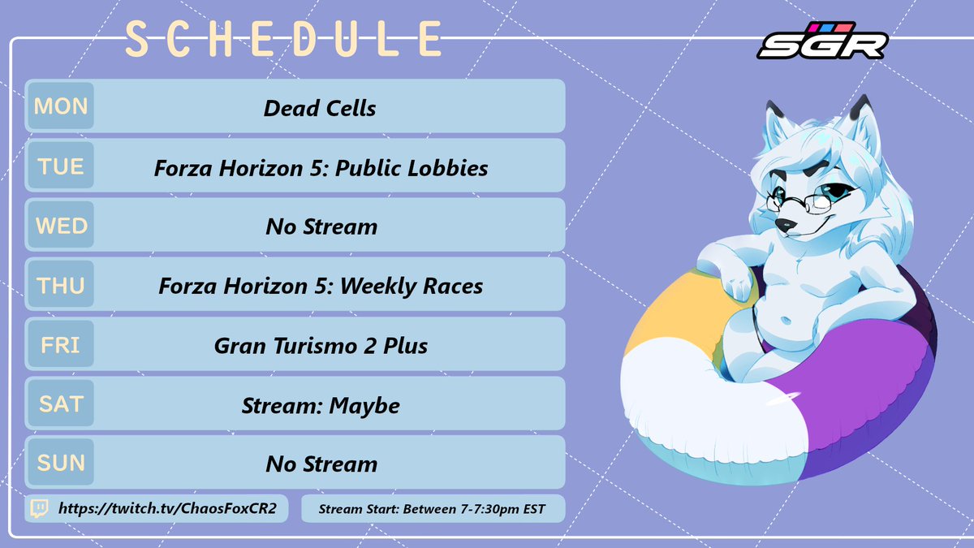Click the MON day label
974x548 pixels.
pyautogui.click(x=60, y=106)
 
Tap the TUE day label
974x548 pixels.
pyautogui.click(x=60, y=166)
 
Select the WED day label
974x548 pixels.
pyautogui.click(x=60, y=226)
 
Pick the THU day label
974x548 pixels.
pyautogui.click(x=60, y=285)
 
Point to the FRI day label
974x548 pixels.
pyautogui.click(x=60, y=344)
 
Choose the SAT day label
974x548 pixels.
pyautogui.click(x=60, y=403)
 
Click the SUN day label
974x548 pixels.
pyautogui.click(x=60, y=463)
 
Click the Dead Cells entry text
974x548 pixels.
pyautogui.click(x=320, y=108)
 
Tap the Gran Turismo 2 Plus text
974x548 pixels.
pyautogui.click(x=321, y=346)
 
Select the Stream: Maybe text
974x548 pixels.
pyautogui.click(x=321, y=405)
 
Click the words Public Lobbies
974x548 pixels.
pyautogui.click(x=421, y=168)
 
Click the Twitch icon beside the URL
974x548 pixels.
pyautogui.click(x=38, y=509)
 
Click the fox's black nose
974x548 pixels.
pyautogui.click(x=782, y=222)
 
